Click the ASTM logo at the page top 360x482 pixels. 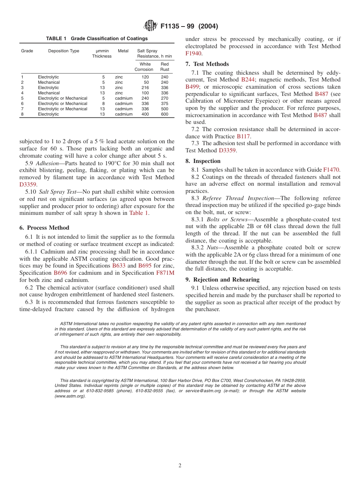click(x=150, y=26)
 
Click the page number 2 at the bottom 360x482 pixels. click(x=180, y=466)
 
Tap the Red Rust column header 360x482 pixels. click(x=164, y=67)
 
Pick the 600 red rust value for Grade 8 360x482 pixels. click(x=164, y=114)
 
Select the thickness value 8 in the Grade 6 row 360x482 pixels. click(x=103, y=103)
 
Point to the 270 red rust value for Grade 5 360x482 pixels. click(x=164, y=98)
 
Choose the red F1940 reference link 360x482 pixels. click(x=193, y=53)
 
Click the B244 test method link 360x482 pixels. click(x=248, y=80)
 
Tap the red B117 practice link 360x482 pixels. click(x=243, y=136)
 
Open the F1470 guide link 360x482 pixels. click(x=331, y=170)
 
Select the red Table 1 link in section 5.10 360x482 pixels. click(x=139, y=213)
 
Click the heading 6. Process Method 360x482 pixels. click(x=44, y=228)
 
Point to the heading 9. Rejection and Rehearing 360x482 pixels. click(x=222, y=280)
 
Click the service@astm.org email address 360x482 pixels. click(x=205, y=391)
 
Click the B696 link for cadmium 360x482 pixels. click(x=60, y=273)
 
